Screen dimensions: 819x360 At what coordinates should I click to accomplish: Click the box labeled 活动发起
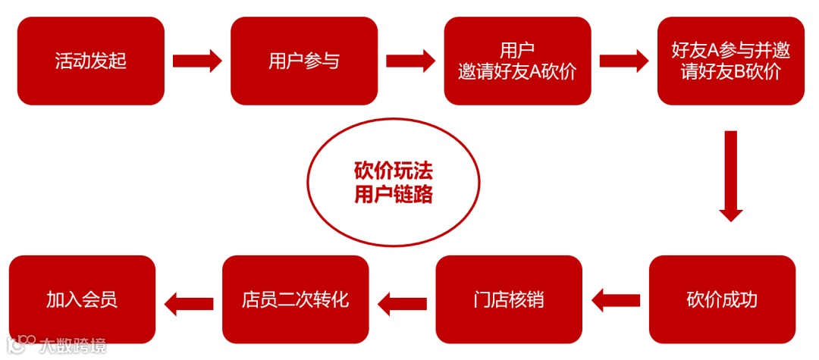[91, 61]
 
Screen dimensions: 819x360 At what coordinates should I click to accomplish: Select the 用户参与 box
[304, 61]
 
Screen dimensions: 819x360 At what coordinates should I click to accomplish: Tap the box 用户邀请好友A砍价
[517, 61]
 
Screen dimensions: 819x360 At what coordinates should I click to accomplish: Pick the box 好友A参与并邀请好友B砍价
[730, 61]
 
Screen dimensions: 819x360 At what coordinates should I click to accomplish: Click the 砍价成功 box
[722, 299]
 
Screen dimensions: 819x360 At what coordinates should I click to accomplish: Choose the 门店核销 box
[509, 299]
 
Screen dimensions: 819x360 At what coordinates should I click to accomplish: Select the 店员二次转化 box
[295, 299]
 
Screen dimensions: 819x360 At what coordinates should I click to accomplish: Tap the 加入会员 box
[82, 299]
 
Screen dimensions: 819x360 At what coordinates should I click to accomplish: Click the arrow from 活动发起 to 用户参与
[197, 61]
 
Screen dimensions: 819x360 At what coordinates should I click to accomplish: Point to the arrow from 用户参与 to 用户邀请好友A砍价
[410, 61]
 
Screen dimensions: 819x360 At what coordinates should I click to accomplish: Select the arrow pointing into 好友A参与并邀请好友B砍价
[624, 61]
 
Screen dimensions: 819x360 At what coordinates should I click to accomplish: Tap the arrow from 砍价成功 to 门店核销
[616, 299]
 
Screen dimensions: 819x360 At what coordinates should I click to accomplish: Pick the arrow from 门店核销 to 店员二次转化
[402, 299]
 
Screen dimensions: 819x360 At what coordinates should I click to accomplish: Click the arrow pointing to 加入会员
[189, 299]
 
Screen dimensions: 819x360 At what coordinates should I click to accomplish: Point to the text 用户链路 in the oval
[394, 195]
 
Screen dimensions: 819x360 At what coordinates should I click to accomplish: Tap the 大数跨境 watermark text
[73, 346]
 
